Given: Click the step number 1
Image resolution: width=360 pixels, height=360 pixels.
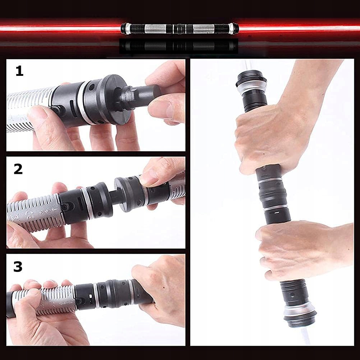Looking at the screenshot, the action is pos(19,71).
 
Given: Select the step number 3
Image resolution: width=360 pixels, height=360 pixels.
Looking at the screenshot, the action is pos(18,267).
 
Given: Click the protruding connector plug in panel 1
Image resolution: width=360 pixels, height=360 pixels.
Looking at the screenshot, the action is pos(138,96).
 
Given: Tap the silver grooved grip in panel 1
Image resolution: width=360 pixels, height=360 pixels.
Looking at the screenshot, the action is pos(30,110).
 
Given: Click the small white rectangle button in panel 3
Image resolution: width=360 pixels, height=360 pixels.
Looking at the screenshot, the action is pos(91,296).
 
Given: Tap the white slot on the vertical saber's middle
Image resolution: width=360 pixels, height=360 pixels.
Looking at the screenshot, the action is pos(277,213).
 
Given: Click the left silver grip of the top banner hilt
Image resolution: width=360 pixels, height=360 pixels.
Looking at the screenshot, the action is pos(155,29).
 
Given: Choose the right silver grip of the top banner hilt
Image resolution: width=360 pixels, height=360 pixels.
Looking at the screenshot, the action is pos(204,29).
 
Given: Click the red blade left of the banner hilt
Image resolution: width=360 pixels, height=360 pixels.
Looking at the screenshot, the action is pos(60,29).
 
